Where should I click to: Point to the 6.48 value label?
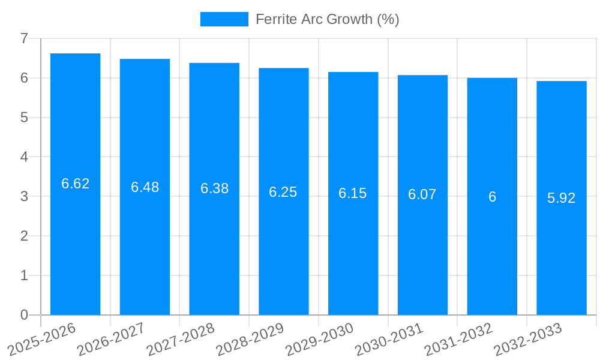tap(145, 187)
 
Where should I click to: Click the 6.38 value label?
tap(214, 188)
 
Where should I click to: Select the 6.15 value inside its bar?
tap(353, 193)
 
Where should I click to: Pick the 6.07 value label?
tap(422, 194)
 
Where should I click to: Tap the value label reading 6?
tap(492, 197)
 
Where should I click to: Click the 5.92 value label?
tap(562, 198)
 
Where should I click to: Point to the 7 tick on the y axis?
tap(24, 38)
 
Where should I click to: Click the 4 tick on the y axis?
tap(24, 157)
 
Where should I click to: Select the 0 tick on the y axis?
tap(24, 315)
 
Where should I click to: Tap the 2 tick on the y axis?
tap(24, 236)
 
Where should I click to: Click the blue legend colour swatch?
tap(224, 19)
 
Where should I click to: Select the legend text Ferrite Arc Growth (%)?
tap(327, 19)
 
